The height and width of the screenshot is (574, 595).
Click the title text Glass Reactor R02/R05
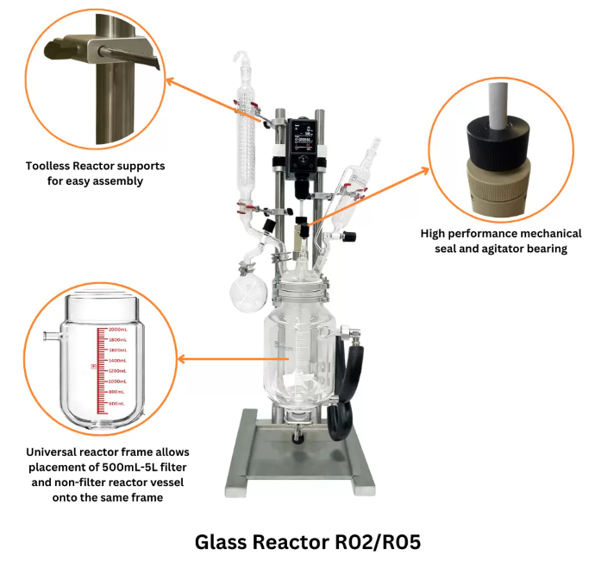pos(297,542)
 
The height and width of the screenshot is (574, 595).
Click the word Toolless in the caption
pos(54,166)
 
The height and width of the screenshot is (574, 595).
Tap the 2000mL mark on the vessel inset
pos(116,330)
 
